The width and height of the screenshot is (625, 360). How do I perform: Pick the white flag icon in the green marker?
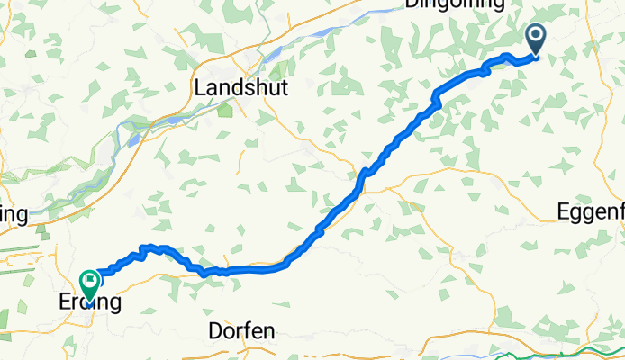tap(90, 281)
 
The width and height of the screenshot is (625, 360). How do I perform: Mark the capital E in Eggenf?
tap(564, 213)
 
